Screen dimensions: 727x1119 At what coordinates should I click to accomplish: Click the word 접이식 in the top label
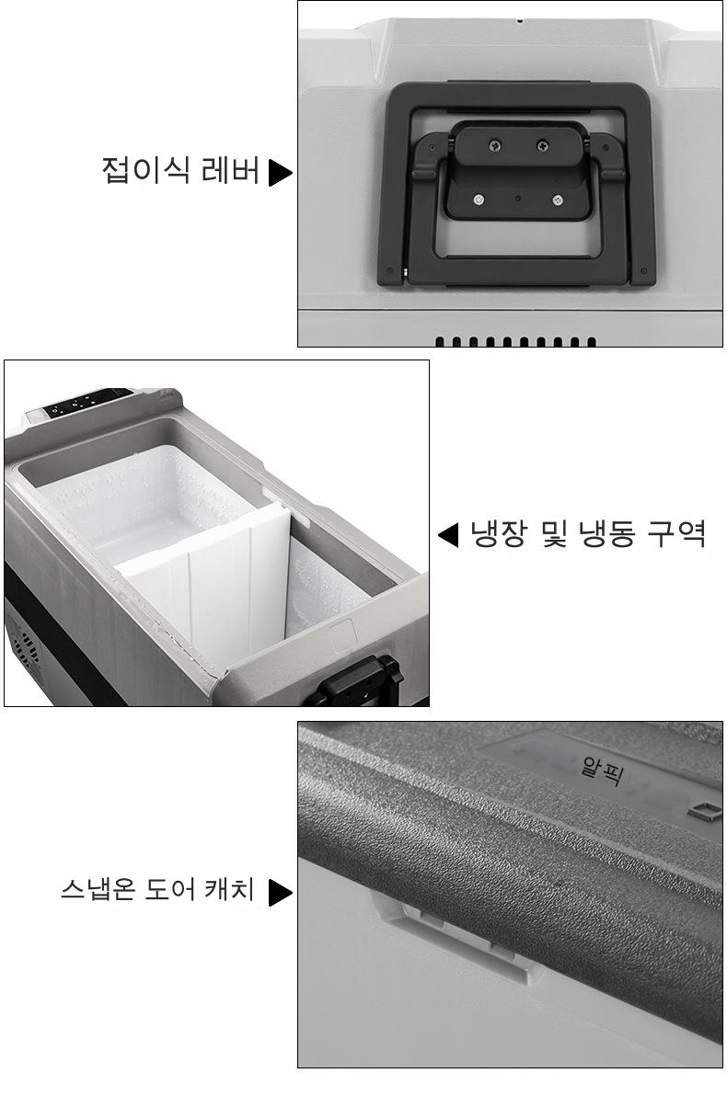pyautogui.click(x=145, y=170)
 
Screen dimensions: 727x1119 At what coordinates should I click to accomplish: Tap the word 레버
pyautogui.click(x=230, y=170)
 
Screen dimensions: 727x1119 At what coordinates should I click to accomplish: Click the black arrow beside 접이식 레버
pyautogui.click(x=280, y=172)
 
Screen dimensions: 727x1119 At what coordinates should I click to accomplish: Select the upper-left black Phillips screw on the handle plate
pyautogui.click(x=495, y=146)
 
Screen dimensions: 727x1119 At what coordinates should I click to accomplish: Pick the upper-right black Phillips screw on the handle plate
pyautogui.click(x=543, y=146)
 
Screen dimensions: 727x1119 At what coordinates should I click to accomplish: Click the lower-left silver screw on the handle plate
pyautogui.click(x=479, y=200)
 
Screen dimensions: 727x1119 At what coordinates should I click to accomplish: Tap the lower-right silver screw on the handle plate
pyautogui.click(x=558, y=200)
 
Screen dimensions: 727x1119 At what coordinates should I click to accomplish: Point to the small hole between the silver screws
pyautogui.click(x=518, y=199)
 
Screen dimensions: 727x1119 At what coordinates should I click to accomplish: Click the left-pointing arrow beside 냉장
pyautogui.click(x=448, y=534)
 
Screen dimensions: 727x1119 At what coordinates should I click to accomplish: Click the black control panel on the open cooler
pyautogui.click(x=88, y=403)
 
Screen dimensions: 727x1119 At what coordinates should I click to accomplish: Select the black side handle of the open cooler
pyautogui.click(x=357, y=682)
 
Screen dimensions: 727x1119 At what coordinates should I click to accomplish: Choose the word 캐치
pyautogui.click(x=229, y=889)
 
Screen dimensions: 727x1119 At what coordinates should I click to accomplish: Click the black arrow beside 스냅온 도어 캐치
pyautogui.click(x=280, y=892)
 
